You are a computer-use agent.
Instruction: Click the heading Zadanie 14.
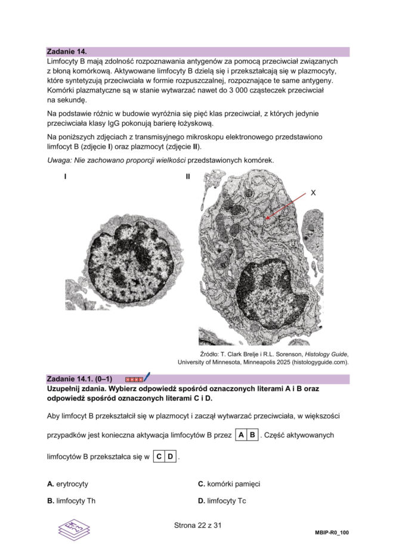pos(70,52)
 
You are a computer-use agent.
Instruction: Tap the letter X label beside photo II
pos(313,193)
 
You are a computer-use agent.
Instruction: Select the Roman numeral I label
pos(65,177)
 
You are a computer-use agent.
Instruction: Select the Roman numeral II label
pos(188,177)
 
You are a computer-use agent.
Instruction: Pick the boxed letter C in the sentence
pos(159,457)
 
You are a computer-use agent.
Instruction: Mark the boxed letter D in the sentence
pos(170,457)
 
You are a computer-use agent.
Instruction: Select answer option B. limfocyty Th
pos(71,501)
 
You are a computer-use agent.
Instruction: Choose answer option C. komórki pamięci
pos(229,484)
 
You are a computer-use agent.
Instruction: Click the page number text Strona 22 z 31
pos(198,526)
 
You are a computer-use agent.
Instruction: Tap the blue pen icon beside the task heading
pos(147,378)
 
